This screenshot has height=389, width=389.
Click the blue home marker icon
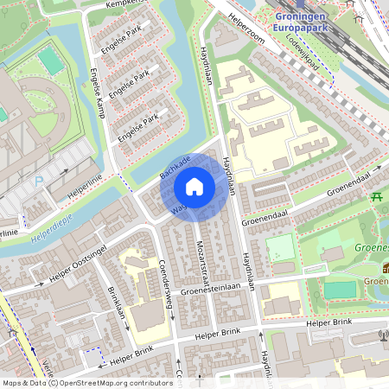(194, 186)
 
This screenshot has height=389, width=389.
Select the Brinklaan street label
(117, 308)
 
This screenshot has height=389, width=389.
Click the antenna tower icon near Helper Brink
(383, 335)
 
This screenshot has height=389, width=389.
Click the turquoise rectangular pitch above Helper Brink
(340, 290)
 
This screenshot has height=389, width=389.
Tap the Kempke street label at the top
(121, 4)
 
